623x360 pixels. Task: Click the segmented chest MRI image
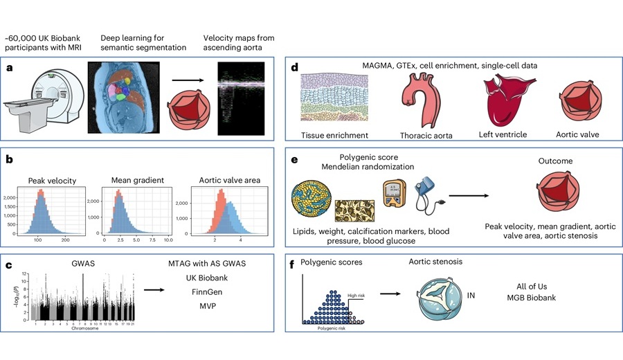[125, 97]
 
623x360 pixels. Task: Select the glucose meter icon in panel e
[392, 194]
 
